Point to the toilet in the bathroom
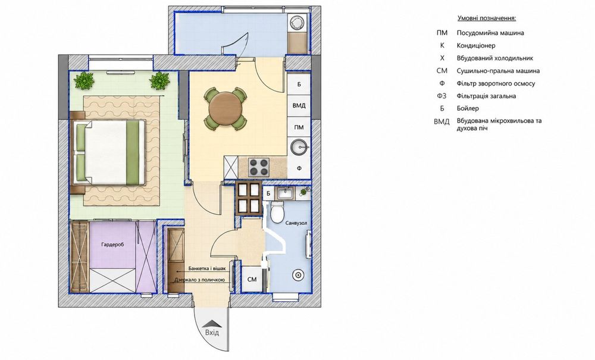pos(277,212)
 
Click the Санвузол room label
pos(296,223)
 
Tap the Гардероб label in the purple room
pos(112,245)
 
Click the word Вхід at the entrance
pos(212,333)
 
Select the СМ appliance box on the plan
pos(252,279)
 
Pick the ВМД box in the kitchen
pos(299,105)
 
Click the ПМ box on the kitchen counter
pos(299,127)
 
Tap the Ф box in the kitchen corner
pos(299,168)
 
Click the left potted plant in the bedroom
pos(84,80)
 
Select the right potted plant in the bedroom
pos(159,80)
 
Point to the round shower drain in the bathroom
pos(298,276)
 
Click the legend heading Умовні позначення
pos(487,18)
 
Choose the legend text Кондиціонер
pos(476,46)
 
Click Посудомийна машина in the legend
pos(490,33)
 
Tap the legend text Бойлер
pos(468,108)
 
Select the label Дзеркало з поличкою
pos(199,280)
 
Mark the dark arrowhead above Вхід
pos(212,323)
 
